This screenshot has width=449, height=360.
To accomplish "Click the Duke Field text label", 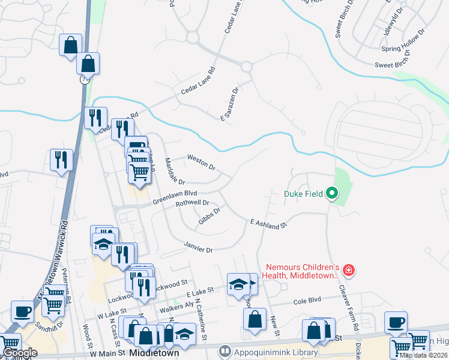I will (x=303, y=194).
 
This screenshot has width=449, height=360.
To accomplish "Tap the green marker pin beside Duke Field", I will (x=331, y=193).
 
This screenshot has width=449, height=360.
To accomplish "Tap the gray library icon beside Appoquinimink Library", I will (x=225, y=349).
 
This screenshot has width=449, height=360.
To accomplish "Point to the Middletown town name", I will (x=152, y=353).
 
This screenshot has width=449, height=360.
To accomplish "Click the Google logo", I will (x=20, y=353).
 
